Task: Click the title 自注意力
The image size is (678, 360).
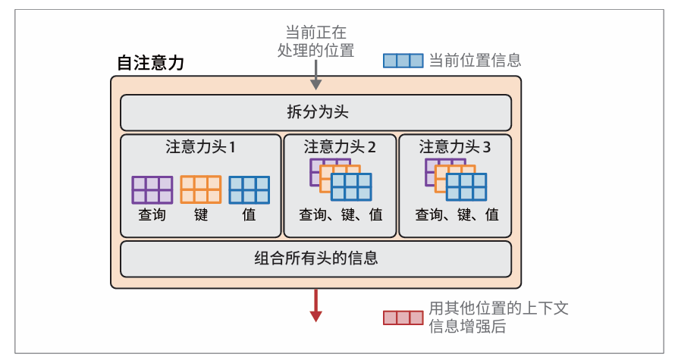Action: coord(150,63)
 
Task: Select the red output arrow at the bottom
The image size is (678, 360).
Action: coord(316,306)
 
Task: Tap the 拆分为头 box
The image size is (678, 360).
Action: coord(316,112)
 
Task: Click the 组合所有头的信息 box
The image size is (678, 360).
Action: coord(316,258)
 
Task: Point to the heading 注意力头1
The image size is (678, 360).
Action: coord(201,147)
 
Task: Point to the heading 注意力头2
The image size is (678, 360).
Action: coord(340,147)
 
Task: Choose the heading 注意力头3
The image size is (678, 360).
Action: coord(455,147)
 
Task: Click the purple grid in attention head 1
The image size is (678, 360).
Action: coord(152,189)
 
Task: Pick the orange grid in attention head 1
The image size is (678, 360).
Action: coord(201,189)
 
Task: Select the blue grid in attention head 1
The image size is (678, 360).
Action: coord(250,189)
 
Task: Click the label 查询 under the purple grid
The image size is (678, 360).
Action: coord(152,215)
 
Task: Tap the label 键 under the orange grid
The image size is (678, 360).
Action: coord(201,215)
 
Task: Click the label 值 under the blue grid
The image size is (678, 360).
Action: coord(250,215)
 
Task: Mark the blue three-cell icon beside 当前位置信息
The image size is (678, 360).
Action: coord(403,61)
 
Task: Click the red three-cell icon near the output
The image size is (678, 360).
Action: coord(403,318)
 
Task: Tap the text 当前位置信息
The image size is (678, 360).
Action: coord(475,61)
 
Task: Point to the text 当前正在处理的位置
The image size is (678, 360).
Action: coord(316,42)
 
